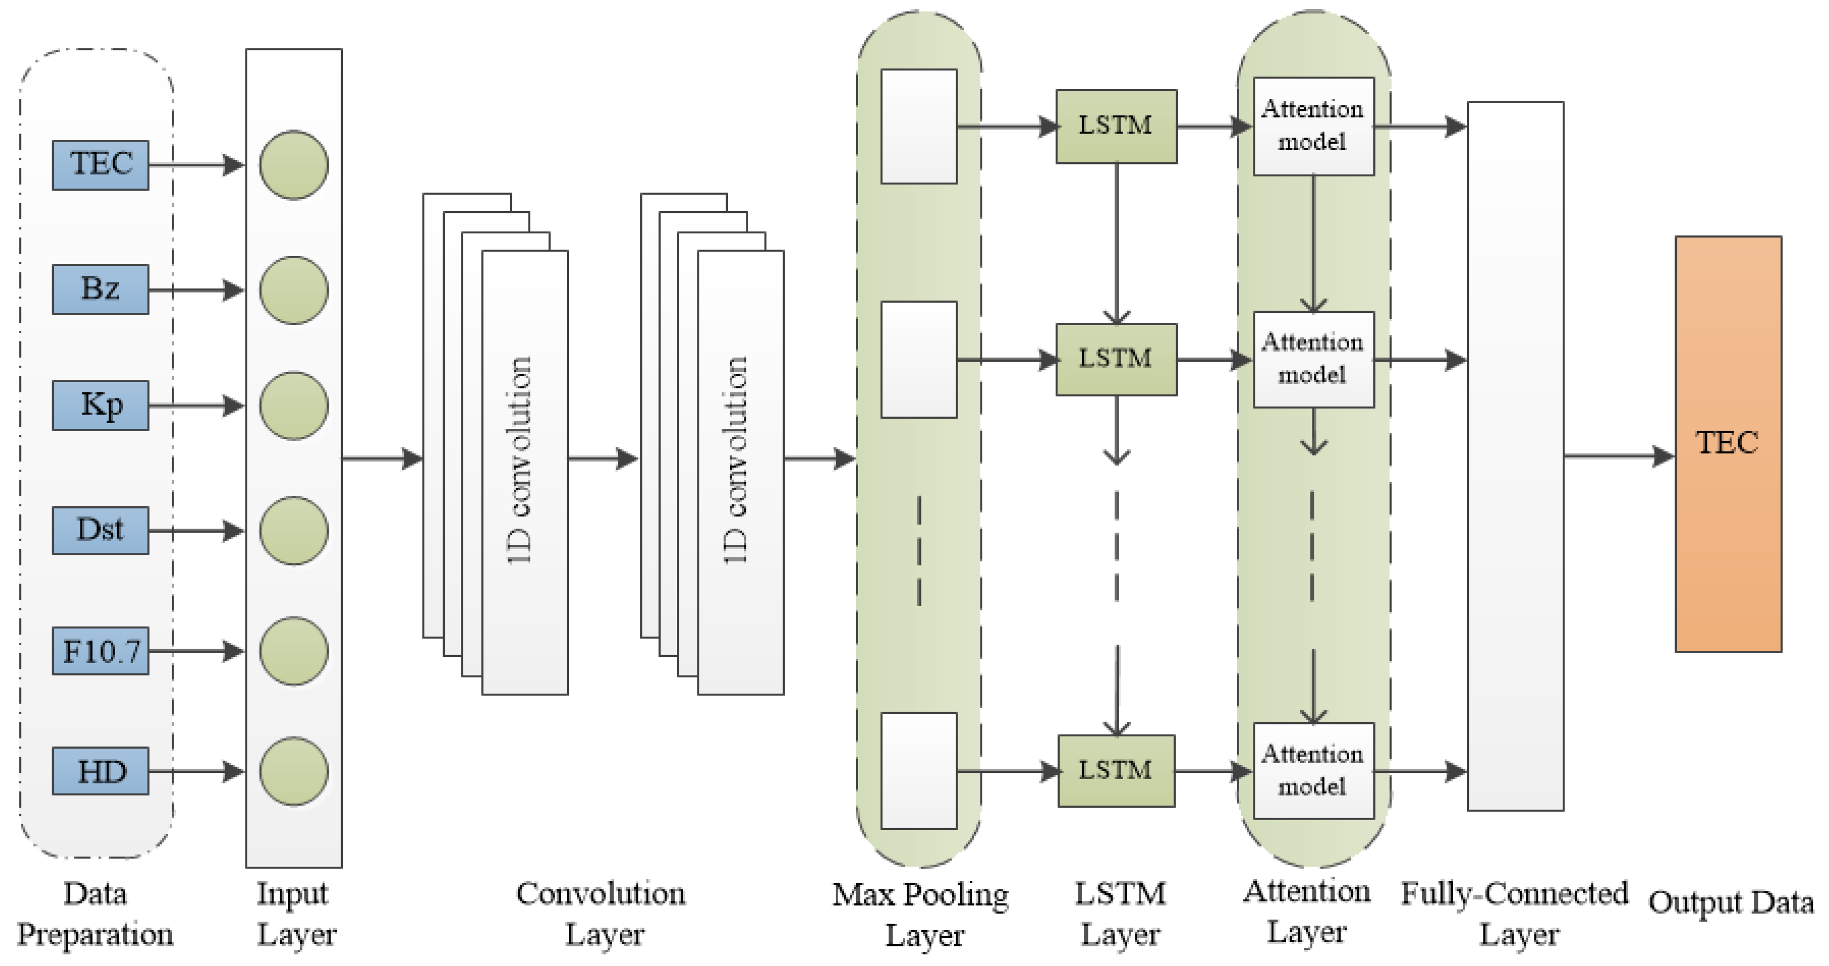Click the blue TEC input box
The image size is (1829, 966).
tap(100, 164)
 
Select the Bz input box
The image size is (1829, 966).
tap(100, 290)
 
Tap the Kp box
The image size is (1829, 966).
tap(100, 406)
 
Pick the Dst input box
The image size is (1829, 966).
tap(100, 530)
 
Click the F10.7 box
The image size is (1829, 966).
tap(100, 651)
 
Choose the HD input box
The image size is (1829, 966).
tap(100, 771)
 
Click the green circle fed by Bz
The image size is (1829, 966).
tap(293, 290)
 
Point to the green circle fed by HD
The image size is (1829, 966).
tap(293, 771)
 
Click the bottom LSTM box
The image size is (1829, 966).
tap(1115, 771)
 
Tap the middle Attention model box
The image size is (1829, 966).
tap(1313, 359)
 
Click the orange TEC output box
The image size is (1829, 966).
tap(1728, 444)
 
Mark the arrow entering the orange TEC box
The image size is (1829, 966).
tap(1619, 456)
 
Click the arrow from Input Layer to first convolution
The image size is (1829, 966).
tap(382, 458)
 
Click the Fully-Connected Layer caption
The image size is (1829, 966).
tap(1515, 914)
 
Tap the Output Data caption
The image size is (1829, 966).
tap(1731, 903)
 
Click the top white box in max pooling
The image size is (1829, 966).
tap(919, 126)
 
